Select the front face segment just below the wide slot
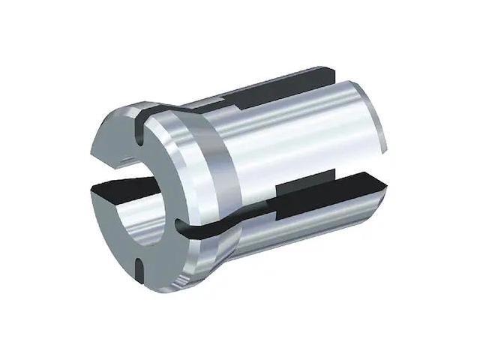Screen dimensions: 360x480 tap(112, 225)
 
